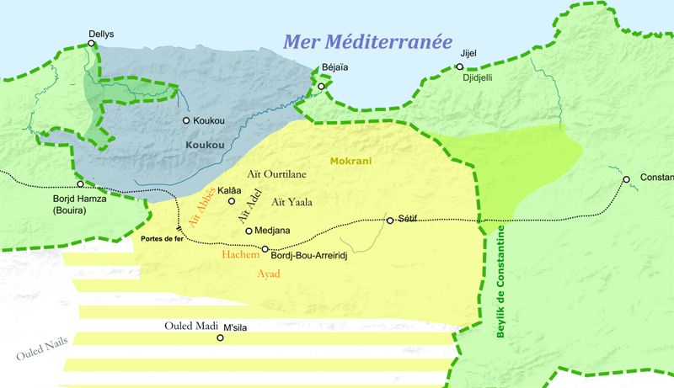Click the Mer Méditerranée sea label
(x=367, y=43)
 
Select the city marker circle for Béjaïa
(x=321, y=86)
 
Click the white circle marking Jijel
(x=460, y=66)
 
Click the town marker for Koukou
(x=186, y=120)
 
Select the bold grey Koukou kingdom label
(x=206, y=145)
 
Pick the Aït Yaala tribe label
(x=292, y=202)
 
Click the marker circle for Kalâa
(x=233, y=201)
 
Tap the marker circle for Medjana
(x=249, y=231)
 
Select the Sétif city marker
(x=390, y=221)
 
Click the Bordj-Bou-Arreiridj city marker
(x=265, y=249)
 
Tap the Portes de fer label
(x=163, y=239)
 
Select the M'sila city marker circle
(x=221, y=338)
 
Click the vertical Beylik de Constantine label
(x=500, y=282)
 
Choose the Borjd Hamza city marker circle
(x=81, y=183)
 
